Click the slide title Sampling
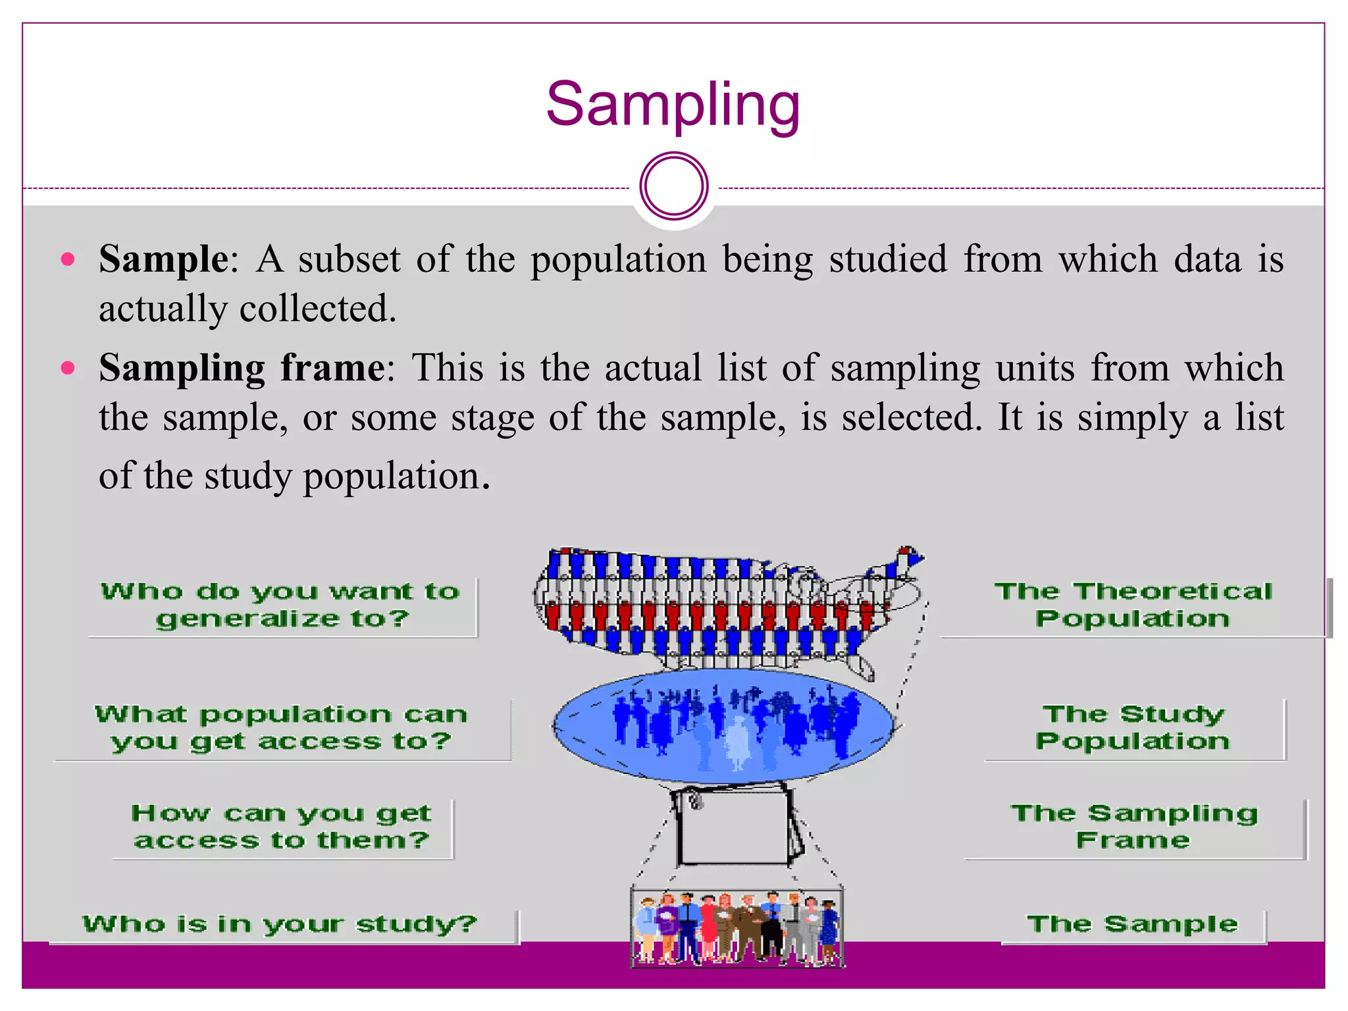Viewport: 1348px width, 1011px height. (673, 105)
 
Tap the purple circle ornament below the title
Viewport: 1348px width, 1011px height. (673, 186)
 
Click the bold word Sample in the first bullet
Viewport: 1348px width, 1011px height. (163, 259)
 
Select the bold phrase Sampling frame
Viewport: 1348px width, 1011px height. (242, 367)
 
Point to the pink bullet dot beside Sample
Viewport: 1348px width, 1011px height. (67, 259)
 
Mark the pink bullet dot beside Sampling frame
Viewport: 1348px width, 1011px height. (67, 367)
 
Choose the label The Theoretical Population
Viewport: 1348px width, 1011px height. (1133, 605)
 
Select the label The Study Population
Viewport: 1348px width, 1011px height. (1133, 727)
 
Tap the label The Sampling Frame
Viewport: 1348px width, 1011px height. (1133, 827)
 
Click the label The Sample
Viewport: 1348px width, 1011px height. (1132, 924)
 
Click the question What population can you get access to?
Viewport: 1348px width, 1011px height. (281, 727)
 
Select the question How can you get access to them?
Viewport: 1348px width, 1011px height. (281, 827)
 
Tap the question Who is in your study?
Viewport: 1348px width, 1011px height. (280, 924)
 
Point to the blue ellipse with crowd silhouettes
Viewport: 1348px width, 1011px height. (724, 724)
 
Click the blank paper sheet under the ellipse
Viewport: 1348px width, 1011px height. (734, 826)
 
